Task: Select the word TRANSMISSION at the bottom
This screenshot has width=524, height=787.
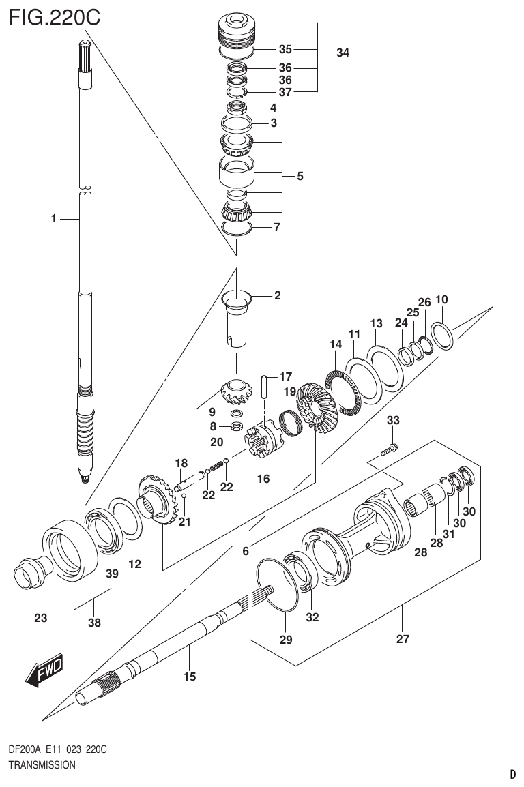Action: click(41, 765)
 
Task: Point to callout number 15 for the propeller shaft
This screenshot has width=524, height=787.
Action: click(190, 677)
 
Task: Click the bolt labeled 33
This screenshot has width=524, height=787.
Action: click(389, 449)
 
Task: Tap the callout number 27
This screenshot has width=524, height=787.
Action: click(403, 639)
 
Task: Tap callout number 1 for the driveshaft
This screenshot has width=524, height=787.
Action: click(53, 219)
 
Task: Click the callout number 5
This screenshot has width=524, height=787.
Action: click(300, 176)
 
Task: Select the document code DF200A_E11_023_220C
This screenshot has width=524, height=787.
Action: click(57, 750)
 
